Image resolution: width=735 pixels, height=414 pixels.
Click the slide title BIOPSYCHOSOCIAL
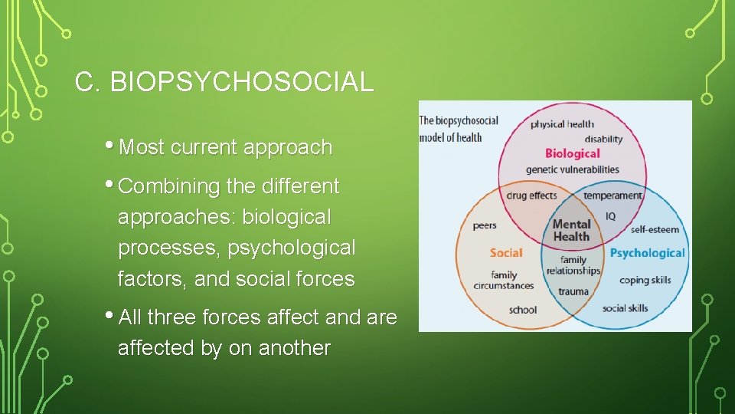pyautogui.click(x=224, y=82)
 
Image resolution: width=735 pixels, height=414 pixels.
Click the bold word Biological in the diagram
pyautogui.click(x=572, y=153)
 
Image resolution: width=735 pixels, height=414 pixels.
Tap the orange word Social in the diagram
pyautogui.click(x=506, y=252)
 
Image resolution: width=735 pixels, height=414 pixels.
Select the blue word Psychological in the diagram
pyautogui.click(x=647, y=253)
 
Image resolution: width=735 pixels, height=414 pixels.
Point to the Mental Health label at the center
pyautogui.click(x=571, y=230)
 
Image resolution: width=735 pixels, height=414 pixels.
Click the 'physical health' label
pyautogui.click(x=562, y=124)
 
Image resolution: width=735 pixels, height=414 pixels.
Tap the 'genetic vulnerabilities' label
pyautogui.click(x=572, y=169)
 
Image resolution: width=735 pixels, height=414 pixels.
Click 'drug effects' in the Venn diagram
pyautogui.click(x=531, y=195)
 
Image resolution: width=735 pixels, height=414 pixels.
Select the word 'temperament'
pyautogui.click(x=612, y=195)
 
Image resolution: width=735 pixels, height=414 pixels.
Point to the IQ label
pyautogui.click(x=610, y=216)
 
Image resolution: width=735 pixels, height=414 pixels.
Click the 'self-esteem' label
pyautogui.click(x=655, y=228)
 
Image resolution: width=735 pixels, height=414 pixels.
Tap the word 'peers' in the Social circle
pyautogui.click(x=485, y=225)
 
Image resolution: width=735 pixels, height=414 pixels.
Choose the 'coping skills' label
pyautogui.click(x=645, y=280)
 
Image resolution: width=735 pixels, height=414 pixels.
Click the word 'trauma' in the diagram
pyautogui.click(x=573, y=291)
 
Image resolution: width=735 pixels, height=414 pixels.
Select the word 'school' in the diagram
pyautogui.click(x=523, y=310)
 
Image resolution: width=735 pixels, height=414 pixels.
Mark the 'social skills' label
pyautogui.click(x=625, y=308)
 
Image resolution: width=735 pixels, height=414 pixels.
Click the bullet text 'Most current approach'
pyautogui.click(x=226, y=147)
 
